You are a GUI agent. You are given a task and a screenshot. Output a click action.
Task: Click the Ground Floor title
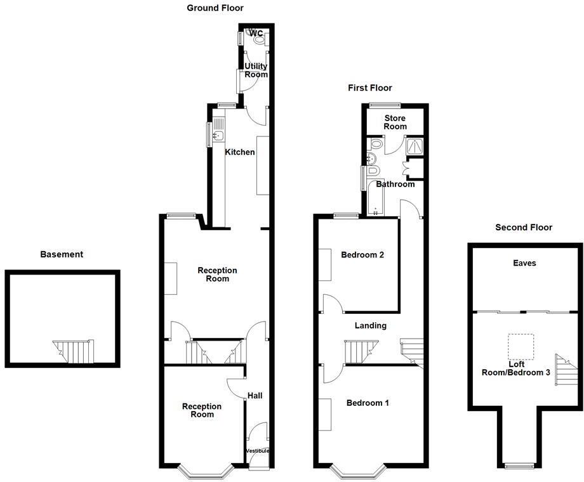[x=215, y=8]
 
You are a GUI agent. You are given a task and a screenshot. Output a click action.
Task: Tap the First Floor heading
[x=370, y=88]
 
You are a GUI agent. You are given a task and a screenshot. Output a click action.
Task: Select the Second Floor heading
[x=524, y=227]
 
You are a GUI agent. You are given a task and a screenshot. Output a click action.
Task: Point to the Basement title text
[x=62, y=254]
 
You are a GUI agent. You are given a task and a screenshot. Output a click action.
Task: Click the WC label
[x=256, y=34]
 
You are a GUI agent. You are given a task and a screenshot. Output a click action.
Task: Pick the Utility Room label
[x=256, y=70]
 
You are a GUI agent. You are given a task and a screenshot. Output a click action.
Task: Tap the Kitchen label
[x=240, y=152]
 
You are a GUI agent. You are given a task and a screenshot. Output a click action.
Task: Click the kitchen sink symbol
[x=218, y=134]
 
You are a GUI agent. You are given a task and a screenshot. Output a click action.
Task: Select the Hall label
[x=255, y=396]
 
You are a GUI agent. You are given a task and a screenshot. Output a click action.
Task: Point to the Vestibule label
[x=257, y=451]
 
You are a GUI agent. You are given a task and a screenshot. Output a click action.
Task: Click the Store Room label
[x=395, y=122]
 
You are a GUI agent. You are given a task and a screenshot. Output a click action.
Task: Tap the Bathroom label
[x=395, y=185]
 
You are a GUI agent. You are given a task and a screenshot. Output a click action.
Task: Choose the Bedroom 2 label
[x=362, y=255]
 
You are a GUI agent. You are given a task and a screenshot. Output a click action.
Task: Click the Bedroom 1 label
[x=368, y=403]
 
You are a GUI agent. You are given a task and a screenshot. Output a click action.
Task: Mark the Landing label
[x=371, y=325]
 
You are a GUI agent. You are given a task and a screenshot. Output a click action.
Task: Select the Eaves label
[x=525, y=263]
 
